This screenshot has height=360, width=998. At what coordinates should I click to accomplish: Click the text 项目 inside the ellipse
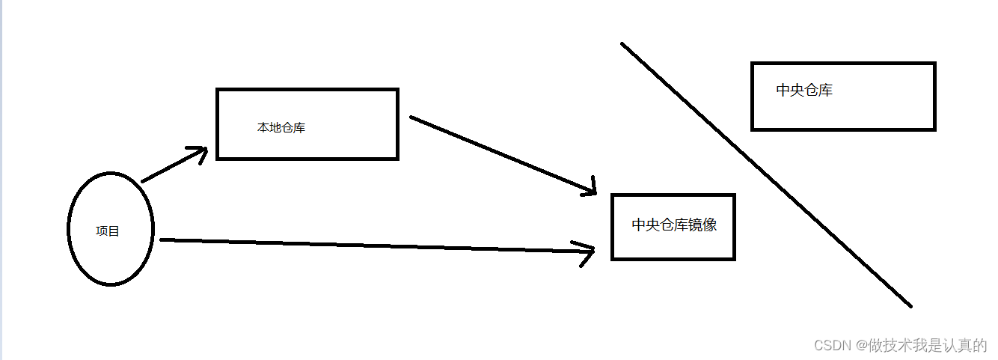[108, 231]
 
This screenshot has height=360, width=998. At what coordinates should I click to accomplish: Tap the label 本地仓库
[281, 128]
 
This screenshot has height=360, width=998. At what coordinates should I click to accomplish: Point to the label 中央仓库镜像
[674, 225]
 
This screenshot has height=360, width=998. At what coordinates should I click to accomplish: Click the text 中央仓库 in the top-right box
[804, 91]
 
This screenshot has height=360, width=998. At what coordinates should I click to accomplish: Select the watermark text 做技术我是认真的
[927, 345]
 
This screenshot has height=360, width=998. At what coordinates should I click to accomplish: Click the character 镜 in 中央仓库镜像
[696, 225]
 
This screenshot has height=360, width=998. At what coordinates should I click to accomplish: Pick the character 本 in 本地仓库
[263, 128]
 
